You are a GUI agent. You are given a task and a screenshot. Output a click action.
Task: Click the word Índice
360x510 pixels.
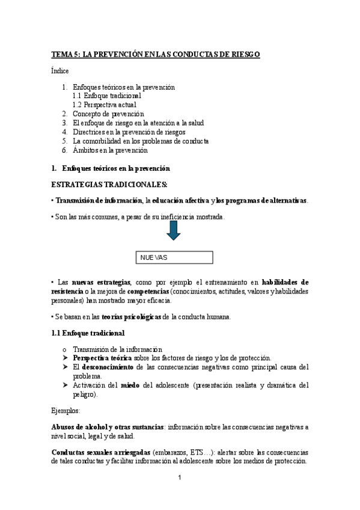(60, 71)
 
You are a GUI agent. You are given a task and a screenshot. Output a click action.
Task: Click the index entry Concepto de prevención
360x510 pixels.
(108, 114)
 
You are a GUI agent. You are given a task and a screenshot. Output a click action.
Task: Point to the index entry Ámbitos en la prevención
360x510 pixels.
(110, 150)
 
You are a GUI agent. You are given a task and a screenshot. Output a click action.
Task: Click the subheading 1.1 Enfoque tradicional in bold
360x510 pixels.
(88, 333)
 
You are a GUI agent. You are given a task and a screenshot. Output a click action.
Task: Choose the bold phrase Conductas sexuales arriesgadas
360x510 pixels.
(100, 452)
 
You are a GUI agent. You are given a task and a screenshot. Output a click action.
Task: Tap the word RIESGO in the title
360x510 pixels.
(245, 54)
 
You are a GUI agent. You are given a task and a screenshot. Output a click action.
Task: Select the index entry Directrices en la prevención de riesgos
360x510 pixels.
(129, 132)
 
